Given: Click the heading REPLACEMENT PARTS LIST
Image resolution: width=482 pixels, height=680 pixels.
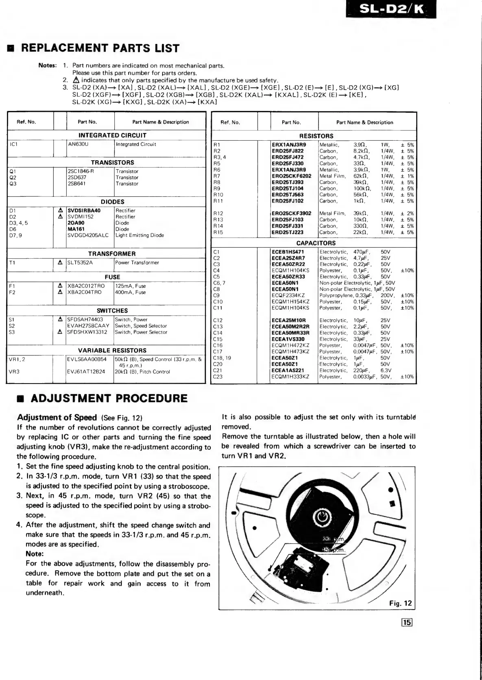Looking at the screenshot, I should pos(100,48).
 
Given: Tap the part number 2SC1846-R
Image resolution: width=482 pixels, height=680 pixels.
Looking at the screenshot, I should pos(81,171).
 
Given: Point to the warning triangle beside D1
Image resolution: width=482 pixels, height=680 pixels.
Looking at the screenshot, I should pos(60,211).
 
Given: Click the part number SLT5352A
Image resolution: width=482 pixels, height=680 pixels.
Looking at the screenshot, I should pos(80,263).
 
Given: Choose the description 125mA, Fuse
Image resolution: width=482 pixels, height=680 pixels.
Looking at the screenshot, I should pos(130,286).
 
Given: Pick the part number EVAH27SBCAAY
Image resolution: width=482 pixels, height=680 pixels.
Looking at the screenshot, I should pos(88,326).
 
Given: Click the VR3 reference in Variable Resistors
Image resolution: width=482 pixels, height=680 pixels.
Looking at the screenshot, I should pos(15,372).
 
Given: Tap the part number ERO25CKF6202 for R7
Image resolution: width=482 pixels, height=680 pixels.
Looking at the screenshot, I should pos(291,176).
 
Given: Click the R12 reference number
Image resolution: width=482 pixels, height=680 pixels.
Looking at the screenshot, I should pos(218,214).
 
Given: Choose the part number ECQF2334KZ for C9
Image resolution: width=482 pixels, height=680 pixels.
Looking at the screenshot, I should pos(288,296).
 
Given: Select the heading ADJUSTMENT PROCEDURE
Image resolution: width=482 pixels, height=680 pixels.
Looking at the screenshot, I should pos(109,398).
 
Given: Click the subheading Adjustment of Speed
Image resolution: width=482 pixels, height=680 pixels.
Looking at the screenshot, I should pos(57,417).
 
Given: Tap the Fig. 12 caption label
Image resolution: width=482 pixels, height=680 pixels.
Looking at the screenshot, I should pos(400,603).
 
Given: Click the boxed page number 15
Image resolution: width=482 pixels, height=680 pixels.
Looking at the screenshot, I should pos(407,622).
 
